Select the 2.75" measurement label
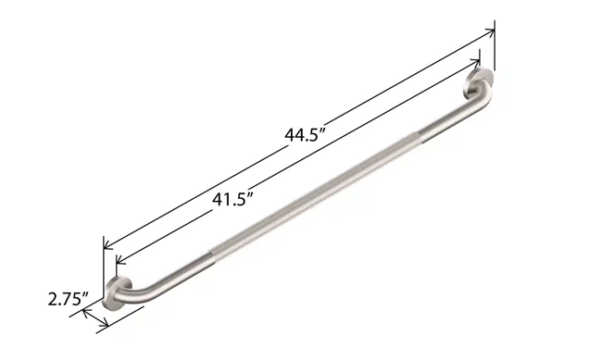pos(68,299)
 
